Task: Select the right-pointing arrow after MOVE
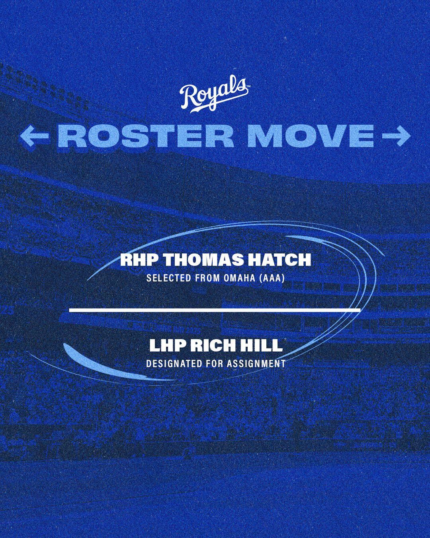[397, 136]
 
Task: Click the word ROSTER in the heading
[146, 136]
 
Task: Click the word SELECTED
[169, 278]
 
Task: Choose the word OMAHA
[239, 278]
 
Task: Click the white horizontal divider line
[215, 310]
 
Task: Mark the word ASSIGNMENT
[256, 363]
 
